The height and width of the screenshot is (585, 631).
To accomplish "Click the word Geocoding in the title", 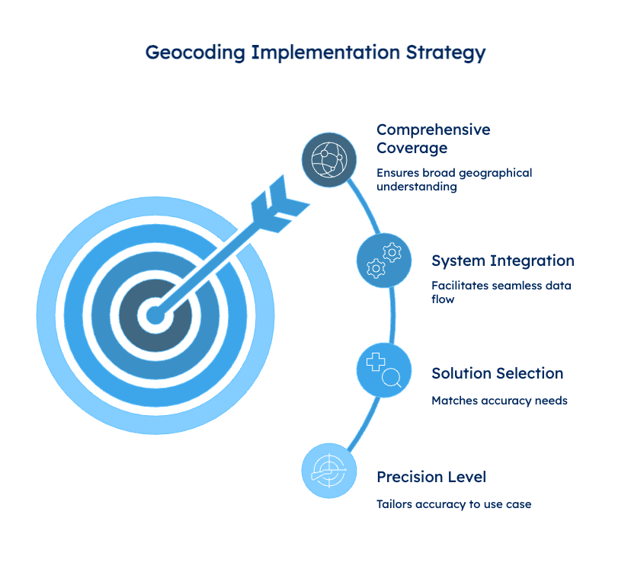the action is (195, 53).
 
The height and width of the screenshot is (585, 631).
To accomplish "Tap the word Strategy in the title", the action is (446, 53).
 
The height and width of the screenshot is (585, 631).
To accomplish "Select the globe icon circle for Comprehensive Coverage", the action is (329, 160).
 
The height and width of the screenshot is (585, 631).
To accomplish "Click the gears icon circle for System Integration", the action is (384, 261).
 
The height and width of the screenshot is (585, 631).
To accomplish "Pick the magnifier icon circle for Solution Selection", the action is (384, 369).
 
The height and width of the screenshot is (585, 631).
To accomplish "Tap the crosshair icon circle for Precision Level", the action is (329, 471).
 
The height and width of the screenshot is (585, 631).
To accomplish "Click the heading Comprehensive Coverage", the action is (434, 139).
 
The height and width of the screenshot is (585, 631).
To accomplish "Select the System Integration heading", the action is (503, 261).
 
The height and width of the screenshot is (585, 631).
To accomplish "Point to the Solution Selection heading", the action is (498, 373).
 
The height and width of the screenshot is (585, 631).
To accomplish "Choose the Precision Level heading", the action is (431, 477).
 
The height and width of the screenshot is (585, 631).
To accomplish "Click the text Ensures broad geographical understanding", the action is (454, 180).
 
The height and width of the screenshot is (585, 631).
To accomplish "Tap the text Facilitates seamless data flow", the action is (501, 292).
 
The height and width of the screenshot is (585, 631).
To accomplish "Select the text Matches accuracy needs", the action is (499, 401).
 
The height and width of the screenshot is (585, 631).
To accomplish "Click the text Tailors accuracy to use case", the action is (454, 504).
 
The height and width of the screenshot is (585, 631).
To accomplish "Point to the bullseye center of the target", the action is (155, 315).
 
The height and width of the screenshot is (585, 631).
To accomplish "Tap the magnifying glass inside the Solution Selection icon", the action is (392, 379).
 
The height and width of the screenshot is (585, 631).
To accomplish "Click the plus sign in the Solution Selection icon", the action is (376, 362).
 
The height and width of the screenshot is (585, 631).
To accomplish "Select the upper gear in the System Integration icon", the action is (392, 253).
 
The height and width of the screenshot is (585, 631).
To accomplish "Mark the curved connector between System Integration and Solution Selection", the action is (393, 315).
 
